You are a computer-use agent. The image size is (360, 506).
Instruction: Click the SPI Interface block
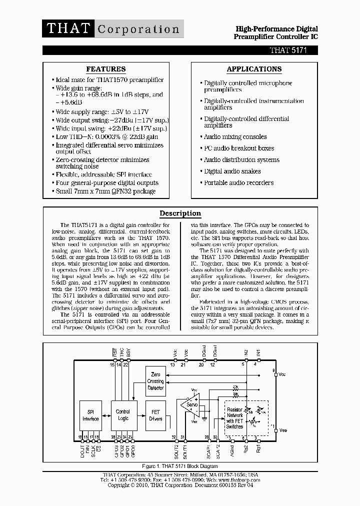(90, 415)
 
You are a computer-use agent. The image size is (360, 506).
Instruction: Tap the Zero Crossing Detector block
(155, 381)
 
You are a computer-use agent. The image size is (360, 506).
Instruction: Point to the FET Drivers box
(155, 415)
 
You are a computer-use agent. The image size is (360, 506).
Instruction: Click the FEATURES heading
(106, 69)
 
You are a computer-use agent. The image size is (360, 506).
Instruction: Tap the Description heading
(180, 213)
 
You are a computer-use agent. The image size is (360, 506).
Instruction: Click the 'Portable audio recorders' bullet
(238, 183)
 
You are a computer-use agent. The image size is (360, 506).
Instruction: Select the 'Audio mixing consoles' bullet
(235, 137)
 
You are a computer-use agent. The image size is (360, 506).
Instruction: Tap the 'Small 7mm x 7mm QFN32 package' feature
(105, 191)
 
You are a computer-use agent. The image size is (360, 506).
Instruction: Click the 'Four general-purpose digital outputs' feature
(107, 183)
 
